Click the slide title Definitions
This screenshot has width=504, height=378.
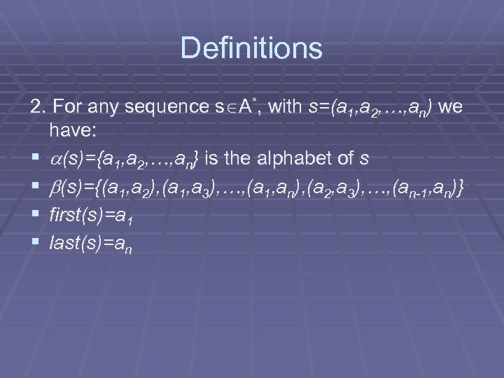click(251, 49)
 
